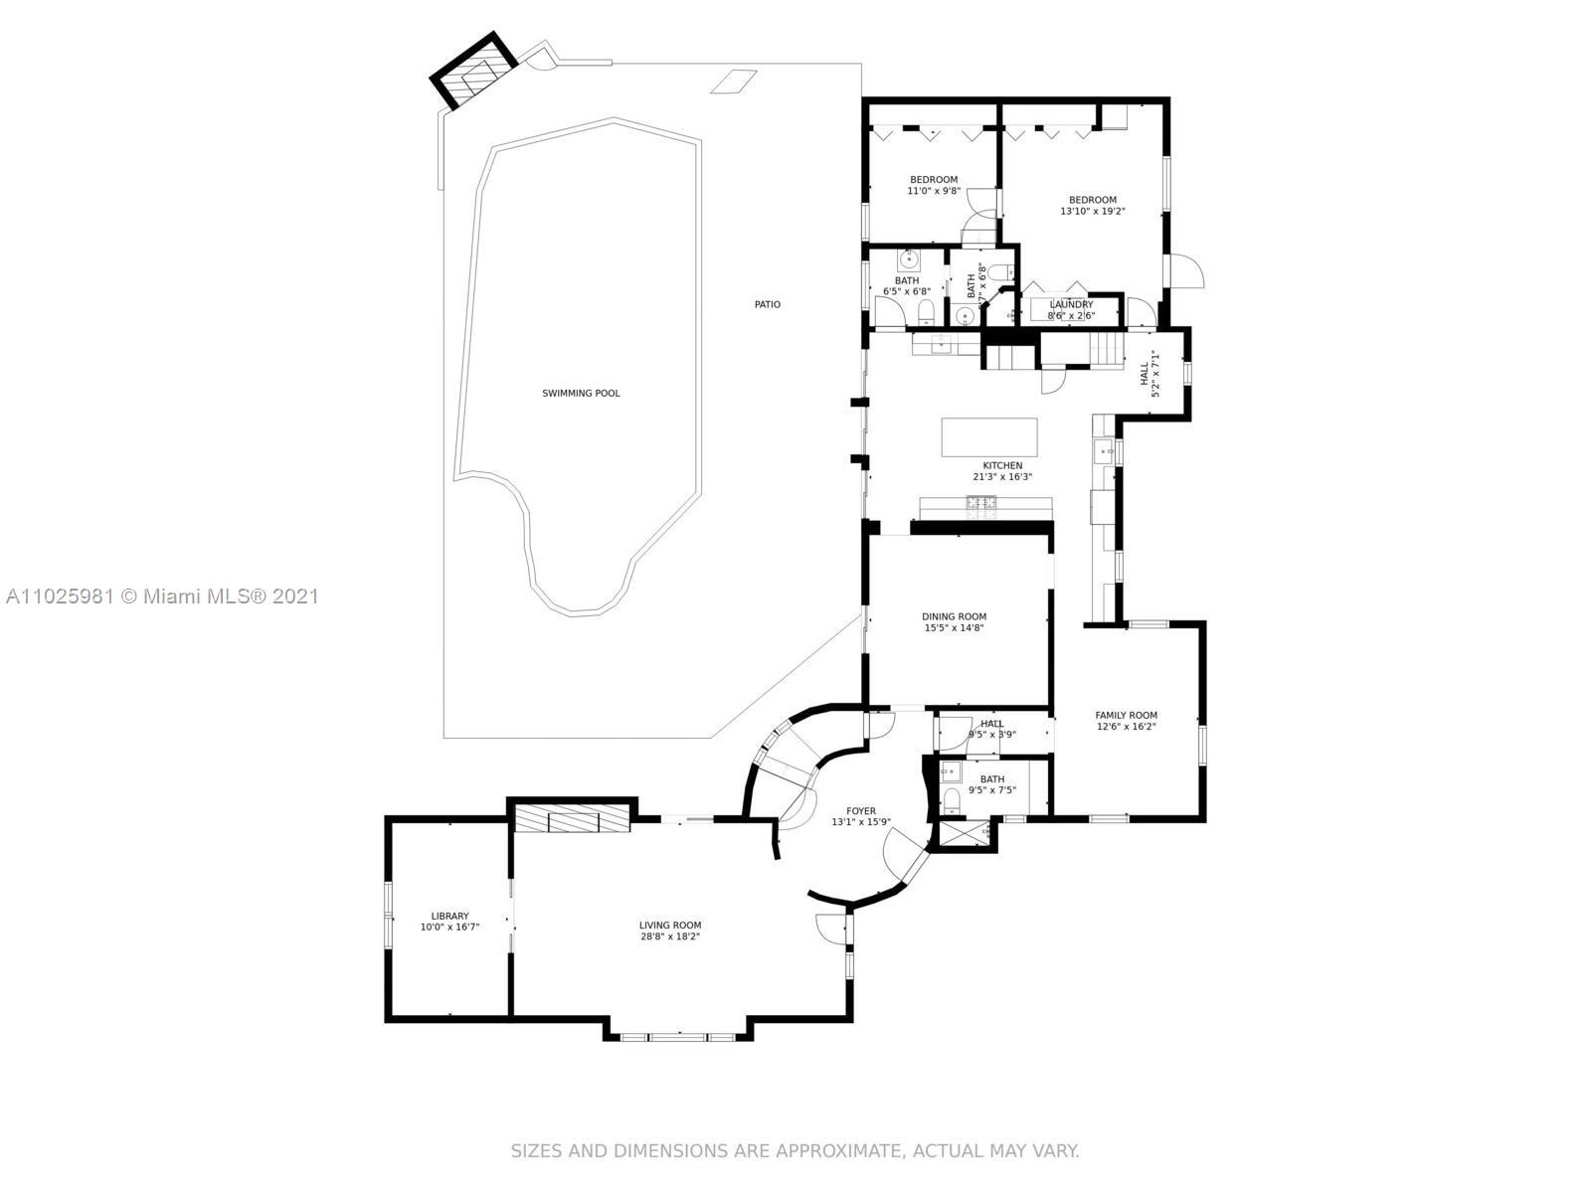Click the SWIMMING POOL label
(x=581, y=394)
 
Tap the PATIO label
(x=767, y=304)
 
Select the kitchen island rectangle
(x=989, y=436)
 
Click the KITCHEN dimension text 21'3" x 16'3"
(x=1002, y=477)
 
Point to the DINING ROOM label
(x=954, y=616)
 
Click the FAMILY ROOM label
(x=1126, y=715)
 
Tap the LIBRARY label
(x=449, y=916)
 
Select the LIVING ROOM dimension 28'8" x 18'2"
(x=670, y=937)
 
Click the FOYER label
(x=860, y=811)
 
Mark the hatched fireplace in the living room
(x=572, y=820)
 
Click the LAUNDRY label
(x=1071, y=304)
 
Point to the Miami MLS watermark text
(x=162, y=596)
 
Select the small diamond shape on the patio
(x=734, y=82)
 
